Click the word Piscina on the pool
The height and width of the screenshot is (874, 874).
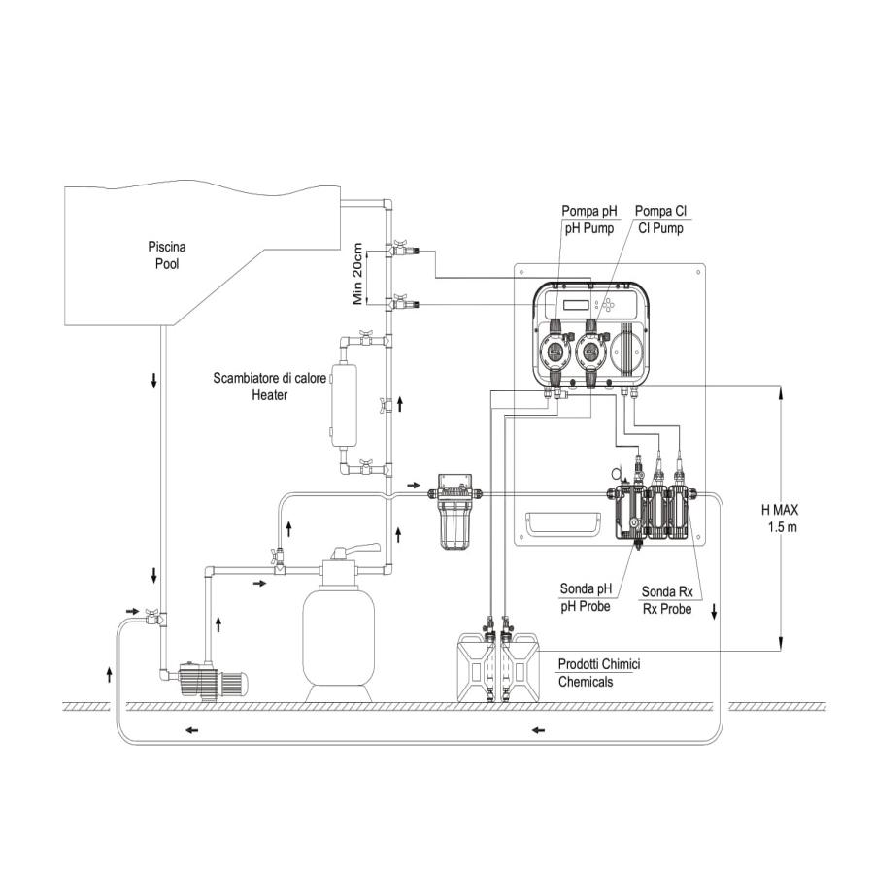click(155, 247)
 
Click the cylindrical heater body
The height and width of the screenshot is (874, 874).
click(345, 405)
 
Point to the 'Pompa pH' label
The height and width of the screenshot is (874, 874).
click(588, 211)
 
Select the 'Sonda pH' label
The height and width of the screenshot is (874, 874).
click(587, 588)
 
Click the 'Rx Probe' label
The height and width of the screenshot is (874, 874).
click(667, 609)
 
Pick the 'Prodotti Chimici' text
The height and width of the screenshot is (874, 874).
click(598, 664)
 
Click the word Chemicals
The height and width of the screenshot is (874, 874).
click(586, 682)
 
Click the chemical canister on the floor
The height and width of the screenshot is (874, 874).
click(498, 665)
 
